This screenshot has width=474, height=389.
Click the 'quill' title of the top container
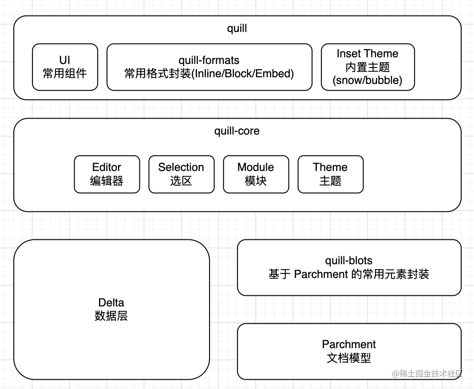(237, 29)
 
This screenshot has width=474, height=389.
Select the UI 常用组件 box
(65, 67)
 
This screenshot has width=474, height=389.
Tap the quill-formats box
(209, 67)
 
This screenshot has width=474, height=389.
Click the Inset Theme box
(367, 67)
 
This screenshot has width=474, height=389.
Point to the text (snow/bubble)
(367, 80)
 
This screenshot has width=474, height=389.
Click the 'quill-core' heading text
(237, 131)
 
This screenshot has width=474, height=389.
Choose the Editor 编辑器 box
(107, 174)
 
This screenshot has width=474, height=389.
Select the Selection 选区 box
(181, 174)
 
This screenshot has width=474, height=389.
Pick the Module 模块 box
(256, 174)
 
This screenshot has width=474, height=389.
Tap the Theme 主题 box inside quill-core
(330, 174)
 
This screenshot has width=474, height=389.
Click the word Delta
(111, 303)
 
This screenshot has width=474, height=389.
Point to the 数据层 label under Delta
(111, 316)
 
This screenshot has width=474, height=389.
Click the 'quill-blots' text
(348, 261)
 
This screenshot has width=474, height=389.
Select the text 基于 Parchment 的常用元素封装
(348, 274)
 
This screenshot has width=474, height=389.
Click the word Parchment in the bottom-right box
(349, 344)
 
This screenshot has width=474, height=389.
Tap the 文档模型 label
(349, 358)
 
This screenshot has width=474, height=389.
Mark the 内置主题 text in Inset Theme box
(367, 67)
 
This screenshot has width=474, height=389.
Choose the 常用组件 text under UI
(65, 74)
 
